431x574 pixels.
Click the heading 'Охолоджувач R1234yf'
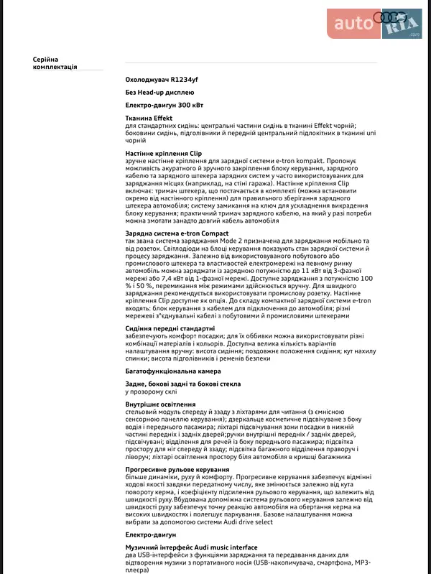coord(161,80)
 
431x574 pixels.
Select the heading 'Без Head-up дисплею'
coord(159,93)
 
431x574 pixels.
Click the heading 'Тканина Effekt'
coord(149,118)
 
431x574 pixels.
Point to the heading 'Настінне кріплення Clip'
coord(164,153)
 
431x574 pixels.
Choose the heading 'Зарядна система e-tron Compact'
coord(177,233)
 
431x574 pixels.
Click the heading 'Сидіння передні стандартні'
coord(170,328)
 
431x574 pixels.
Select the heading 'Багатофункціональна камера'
coord(172,371)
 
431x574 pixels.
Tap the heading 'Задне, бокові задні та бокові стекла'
coord(182,384)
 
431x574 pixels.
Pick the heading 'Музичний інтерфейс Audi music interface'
coord(191,547)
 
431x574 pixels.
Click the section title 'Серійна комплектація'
coord(55,63)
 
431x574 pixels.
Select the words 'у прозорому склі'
coord(150,392)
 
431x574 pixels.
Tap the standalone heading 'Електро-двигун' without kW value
coord(149,534)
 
